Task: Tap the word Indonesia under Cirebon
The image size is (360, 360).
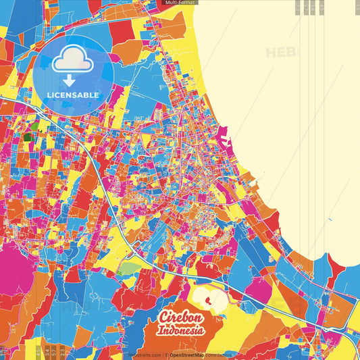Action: [181, 331]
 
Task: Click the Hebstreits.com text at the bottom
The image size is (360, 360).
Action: [143, 355]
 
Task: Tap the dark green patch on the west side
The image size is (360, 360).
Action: [28, 136]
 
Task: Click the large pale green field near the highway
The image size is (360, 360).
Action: [127, 268]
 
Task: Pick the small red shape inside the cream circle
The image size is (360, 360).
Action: [207, 297]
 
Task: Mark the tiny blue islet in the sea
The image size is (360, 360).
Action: [330, 219]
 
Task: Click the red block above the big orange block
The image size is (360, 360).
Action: [122, 31]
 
